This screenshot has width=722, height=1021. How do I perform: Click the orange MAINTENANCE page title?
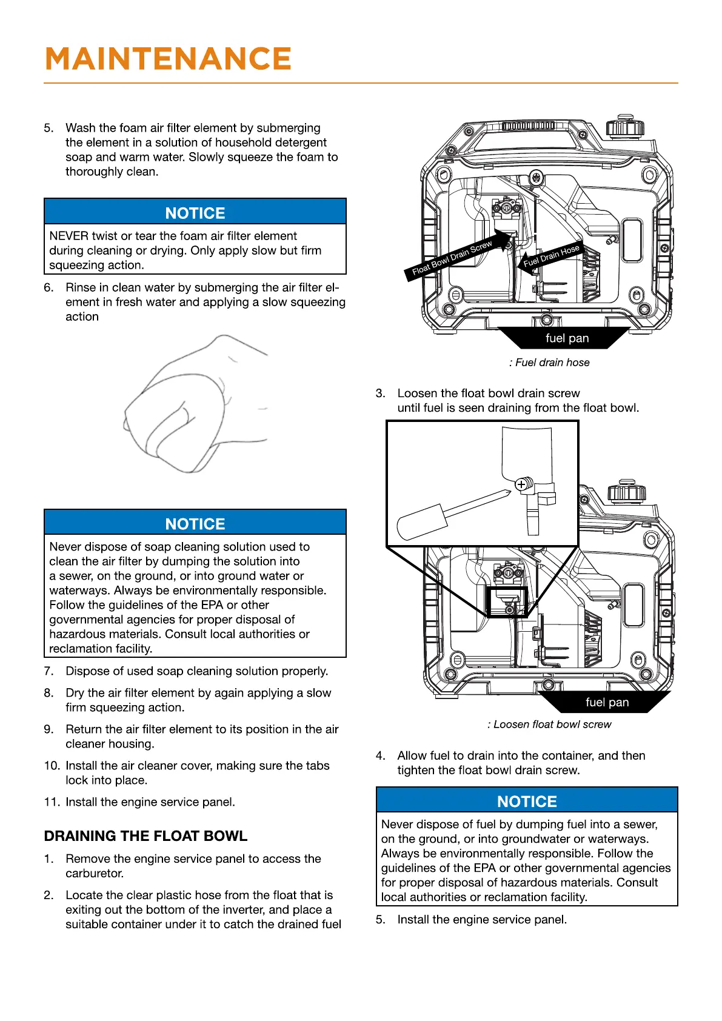click(168, 59)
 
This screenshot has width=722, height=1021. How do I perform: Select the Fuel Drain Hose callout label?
click(551, 256)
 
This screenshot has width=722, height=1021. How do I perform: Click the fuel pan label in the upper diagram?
click(567, 338)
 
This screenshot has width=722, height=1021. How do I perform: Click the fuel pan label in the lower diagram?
click(607, 702)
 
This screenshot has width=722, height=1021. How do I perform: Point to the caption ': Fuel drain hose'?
click(549, 363)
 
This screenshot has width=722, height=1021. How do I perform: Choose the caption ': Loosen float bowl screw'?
click(549, 725)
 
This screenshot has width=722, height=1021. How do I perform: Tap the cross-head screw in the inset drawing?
click(521, 484)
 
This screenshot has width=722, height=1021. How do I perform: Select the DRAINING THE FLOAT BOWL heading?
click(145, 836)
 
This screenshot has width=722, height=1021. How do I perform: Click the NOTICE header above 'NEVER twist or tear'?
click(195, 213)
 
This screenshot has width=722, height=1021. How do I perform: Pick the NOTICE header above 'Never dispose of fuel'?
click(527, 801)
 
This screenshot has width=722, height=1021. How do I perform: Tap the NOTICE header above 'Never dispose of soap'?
click(195, 523)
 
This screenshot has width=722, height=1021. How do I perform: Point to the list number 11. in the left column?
click(52, 802)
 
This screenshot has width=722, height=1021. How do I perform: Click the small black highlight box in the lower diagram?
click(507, 601)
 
